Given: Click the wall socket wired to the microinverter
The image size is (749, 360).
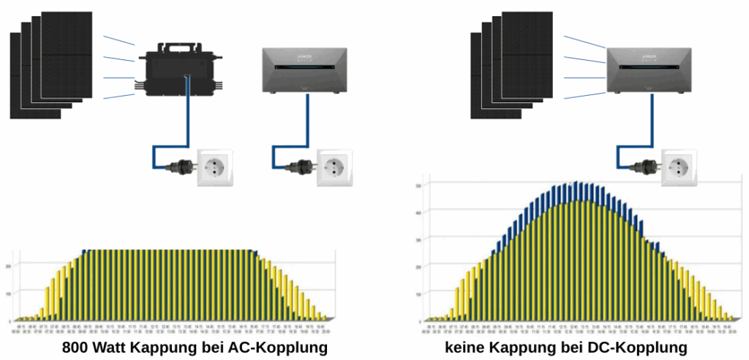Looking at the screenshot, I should point(214,167).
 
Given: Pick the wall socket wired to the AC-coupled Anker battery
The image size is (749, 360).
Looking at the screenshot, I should point(334,167).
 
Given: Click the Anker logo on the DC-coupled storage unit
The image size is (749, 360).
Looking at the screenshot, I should point(649,53).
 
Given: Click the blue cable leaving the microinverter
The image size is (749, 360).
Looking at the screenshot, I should point(190,117).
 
